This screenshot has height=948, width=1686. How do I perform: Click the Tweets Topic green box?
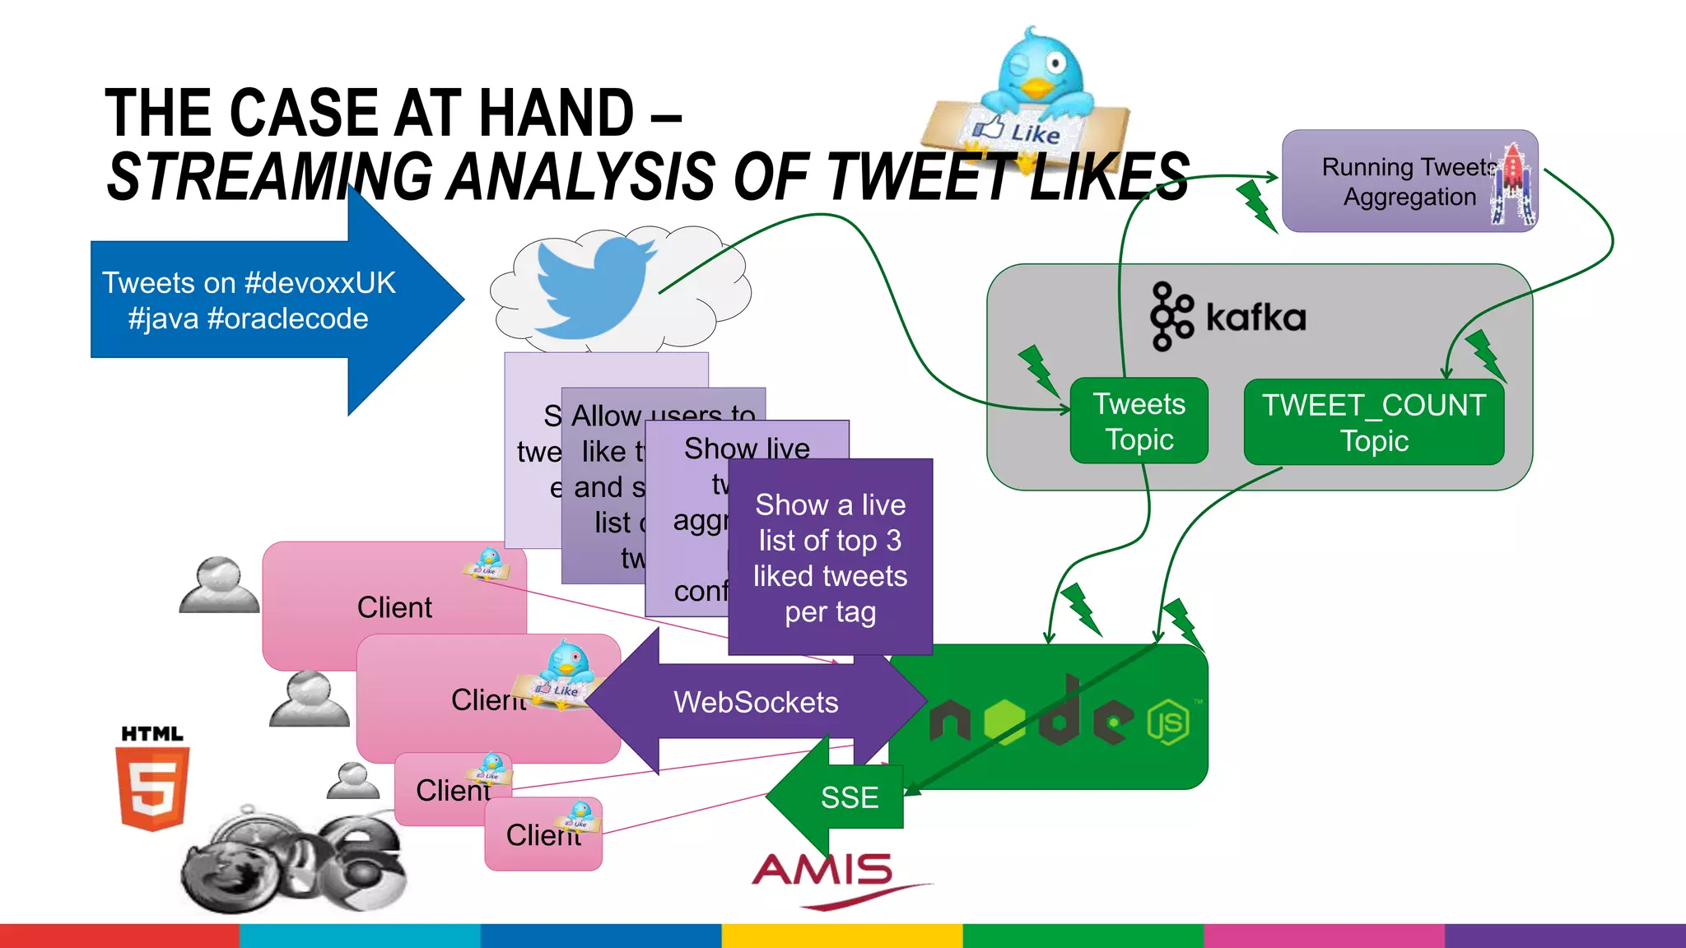point(1139,421)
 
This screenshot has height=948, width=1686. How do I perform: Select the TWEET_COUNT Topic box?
point(1373,422)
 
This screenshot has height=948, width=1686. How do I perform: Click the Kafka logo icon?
point(1171,316)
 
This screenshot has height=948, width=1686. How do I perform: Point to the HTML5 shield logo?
point(153,787)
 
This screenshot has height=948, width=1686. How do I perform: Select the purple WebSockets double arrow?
point(755,702)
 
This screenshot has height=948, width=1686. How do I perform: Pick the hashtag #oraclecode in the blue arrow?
point(287,318)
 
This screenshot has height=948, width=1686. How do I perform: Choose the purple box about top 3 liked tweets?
point(830,557)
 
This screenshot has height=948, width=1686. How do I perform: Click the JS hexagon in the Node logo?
point(1168,723)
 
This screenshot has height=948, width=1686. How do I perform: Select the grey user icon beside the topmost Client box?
point(219,585)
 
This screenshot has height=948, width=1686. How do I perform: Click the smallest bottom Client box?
point(543,834)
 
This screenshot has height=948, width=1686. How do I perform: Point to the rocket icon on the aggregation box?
point(1513,183)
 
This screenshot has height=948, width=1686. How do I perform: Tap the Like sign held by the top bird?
point(1021,130)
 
